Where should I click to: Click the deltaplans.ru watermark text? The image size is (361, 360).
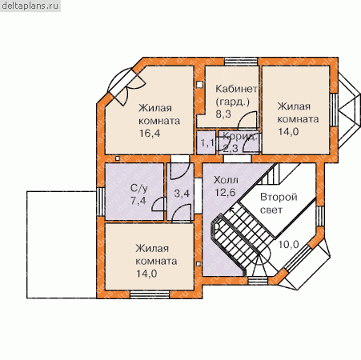coord(30,6)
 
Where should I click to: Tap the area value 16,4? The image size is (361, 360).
coord(150,133)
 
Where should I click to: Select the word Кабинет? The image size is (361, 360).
coord(236,89)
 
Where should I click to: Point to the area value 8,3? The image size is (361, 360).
coord(223,114)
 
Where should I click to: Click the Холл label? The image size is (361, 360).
coord(226,180)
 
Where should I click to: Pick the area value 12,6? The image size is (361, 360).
coord(225,192)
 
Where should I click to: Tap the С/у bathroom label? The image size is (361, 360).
coord(138,188)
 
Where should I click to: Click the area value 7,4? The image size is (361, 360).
coord(138,200)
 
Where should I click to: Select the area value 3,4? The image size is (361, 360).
coord(182,194)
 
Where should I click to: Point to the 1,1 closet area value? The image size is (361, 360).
coord(207,143)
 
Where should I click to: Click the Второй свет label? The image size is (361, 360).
coord(279,203)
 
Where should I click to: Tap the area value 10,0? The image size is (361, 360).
coord(288,244)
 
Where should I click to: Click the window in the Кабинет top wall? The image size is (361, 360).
coord(241,62)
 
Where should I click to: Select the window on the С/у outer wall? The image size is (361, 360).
coord(101,202)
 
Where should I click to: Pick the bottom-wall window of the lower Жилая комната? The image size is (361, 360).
coord(150,294)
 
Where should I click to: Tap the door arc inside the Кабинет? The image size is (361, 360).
coord(247,120)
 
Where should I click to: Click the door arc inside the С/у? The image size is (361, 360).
coord(158,205)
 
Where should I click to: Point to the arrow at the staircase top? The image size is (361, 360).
coord(231,209)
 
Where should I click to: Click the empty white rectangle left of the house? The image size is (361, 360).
coord(62,245)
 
